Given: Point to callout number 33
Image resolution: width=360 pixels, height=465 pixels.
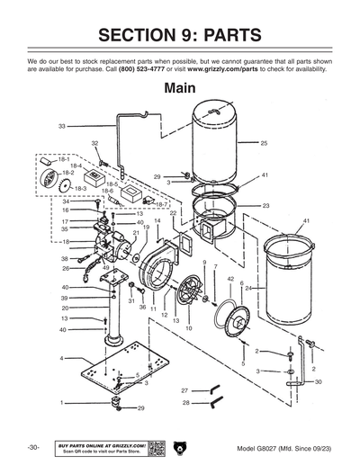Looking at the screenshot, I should point(62,126).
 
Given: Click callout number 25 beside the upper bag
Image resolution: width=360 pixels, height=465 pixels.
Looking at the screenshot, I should point(264,143).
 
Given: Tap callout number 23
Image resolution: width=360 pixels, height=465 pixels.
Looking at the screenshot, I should point(265,206).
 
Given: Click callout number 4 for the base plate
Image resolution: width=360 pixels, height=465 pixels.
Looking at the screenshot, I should point(61,358).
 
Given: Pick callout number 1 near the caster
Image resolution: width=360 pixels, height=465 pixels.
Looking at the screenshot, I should point(61,403).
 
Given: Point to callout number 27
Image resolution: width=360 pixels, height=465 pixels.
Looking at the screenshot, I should point(184,391).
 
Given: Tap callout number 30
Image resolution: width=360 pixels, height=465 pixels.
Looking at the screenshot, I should point(318,381).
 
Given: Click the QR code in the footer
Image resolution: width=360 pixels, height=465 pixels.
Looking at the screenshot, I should point(154,447).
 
